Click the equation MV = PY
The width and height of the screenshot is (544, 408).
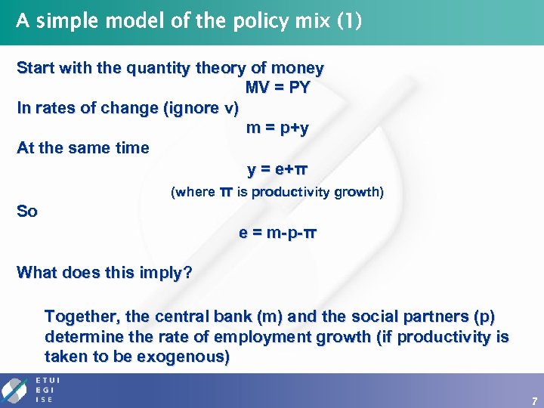coord(277,88)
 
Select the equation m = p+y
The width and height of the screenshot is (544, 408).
coord(277,128)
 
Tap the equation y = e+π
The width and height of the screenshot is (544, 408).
coord(277,168)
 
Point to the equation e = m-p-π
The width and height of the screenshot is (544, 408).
coord(277,233)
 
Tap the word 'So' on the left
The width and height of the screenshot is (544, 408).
coord(27,212)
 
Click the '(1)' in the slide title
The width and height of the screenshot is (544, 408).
coord(348,20)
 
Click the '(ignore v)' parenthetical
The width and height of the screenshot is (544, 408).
coord(200,108)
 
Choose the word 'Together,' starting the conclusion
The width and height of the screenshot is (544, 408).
coord(79,316)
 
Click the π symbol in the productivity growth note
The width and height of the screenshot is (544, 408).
coord(226,193)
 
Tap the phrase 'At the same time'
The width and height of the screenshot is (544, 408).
coord(83,148)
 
